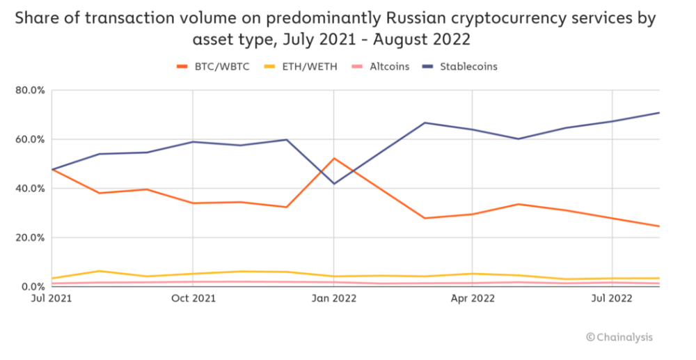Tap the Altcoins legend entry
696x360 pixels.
387,67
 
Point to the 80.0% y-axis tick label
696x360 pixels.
30,91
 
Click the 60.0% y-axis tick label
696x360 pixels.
30,139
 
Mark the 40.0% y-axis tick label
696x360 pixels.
30,189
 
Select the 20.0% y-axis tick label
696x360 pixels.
30,237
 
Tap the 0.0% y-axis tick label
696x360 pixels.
32,286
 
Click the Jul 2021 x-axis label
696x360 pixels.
52,299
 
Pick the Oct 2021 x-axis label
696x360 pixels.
193,299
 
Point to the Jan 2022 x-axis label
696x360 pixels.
334,299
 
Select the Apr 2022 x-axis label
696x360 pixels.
473,299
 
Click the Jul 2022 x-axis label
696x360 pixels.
612,299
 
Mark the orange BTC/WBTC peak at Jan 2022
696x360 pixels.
334,159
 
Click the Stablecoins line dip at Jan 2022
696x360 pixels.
334,183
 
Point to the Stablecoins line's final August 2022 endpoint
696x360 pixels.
658,113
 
